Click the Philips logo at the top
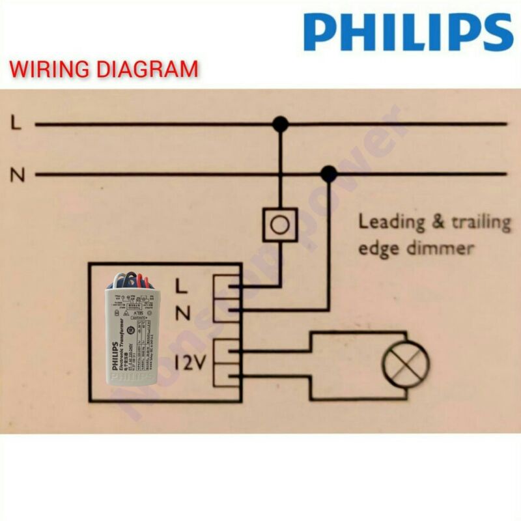[x=408, y=32]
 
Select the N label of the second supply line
[x=18, y=175]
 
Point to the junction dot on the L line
[x=280, y=124]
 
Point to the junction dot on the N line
[x=329, y=174]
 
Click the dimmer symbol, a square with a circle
[x=279, y=225]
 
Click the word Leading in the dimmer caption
[x=391, y=223]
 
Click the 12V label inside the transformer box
[x=190, y=362]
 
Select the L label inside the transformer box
[x=183, y=285]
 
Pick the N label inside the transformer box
[x=183, y=313]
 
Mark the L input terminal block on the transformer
[x=226, y=285]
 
